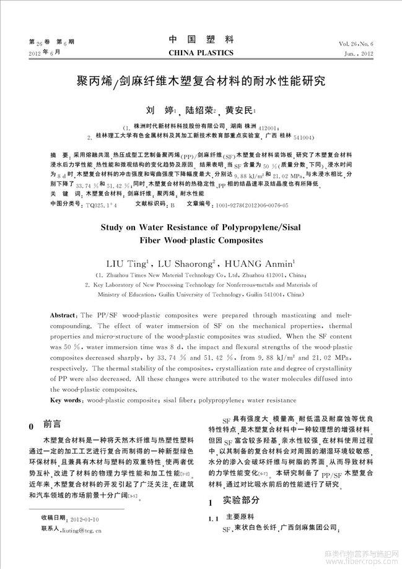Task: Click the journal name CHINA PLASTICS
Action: pyautogui.click(x=201, y=53)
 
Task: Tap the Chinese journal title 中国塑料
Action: pyautogui.click(x=201, y=40)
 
